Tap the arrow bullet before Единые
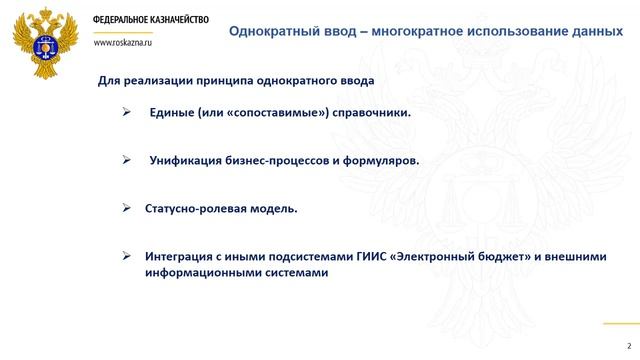click(x=126, y=112)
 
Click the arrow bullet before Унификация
click(x=126, y=159)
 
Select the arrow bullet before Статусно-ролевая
click(x=126, y=207)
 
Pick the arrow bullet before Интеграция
click(x=126, y=255)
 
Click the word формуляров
click(x=378, y=160)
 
